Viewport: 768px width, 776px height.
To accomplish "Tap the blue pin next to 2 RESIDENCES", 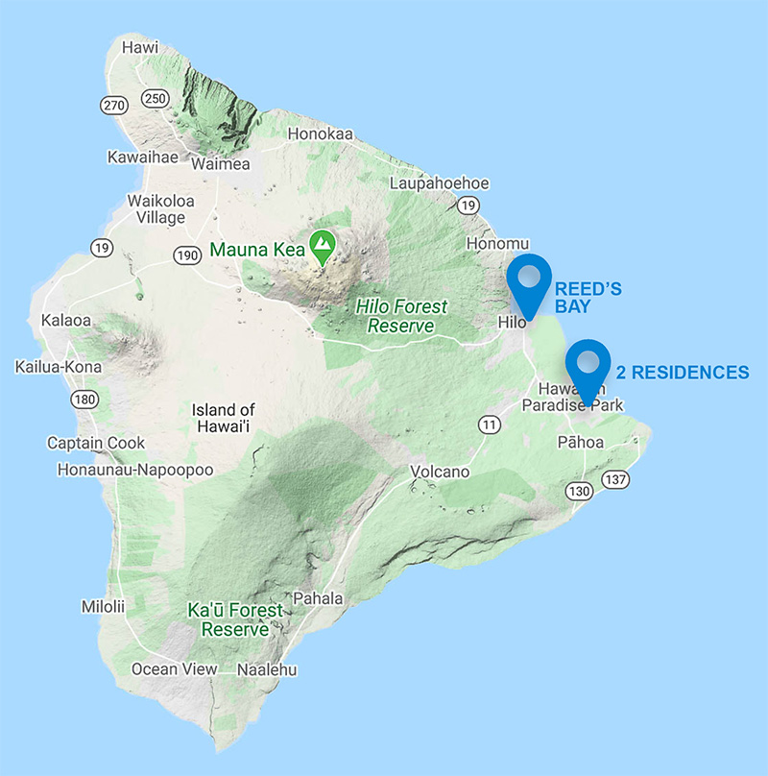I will (x=588, y=364).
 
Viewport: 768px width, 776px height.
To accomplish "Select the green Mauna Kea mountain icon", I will (x=322, y=246).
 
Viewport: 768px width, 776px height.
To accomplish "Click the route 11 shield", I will (x=490, y=424).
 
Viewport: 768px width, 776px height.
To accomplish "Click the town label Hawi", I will (x=140, y=47).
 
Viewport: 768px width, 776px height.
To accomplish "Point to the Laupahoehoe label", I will (x=440, y=183).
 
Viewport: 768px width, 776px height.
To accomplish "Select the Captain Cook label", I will (x=97, y=443).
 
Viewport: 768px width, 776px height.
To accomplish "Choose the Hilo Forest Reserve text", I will (x=401, y=316).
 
